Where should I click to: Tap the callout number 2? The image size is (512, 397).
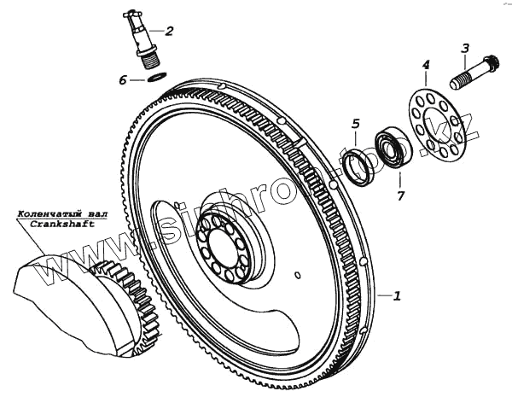tap(169, 32)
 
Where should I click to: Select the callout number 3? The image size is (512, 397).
tap(466, 49)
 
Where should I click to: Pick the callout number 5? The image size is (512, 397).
tap(356, 125)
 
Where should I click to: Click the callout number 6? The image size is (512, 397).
tap(123, 80)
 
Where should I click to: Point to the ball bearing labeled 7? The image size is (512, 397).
tap(393, 149)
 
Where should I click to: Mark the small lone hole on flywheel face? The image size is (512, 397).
tap(296, 275)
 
